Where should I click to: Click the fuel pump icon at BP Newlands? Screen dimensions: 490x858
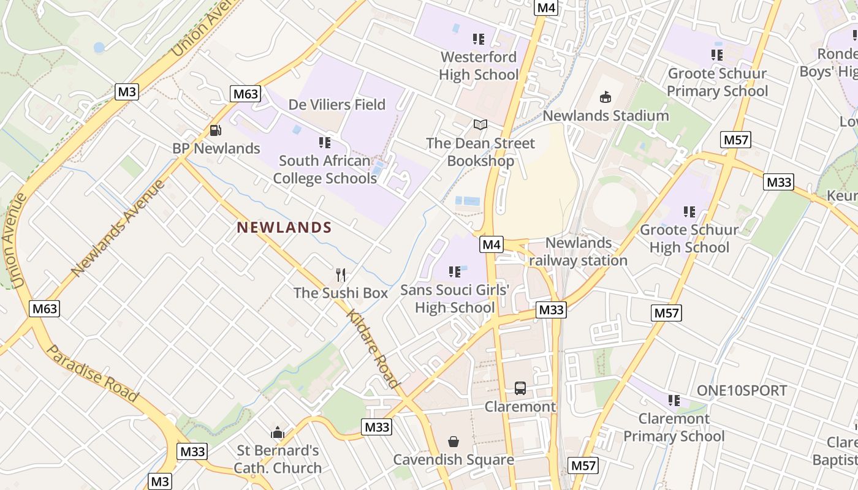point(215,130)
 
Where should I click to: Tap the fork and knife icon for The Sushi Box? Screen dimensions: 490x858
point(341,274)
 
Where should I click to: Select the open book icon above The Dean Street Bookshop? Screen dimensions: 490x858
point(480,125)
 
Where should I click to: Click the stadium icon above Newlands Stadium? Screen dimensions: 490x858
point(606,97)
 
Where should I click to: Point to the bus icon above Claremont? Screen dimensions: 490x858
point(520,388)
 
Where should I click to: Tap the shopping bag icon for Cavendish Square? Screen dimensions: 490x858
point(454,441)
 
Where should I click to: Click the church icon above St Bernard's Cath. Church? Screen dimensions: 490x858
point(278,432)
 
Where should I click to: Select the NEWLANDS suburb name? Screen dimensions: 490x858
point(284,228)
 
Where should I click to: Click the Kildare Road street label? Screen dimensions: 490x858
point(373,349)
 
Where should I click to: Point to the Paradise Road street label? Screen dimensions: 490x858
point(93,373)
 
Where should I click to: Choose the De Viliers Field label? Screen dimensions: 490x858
point(337,105)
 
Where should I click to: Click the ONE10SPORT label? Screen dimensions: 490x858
point(742,391)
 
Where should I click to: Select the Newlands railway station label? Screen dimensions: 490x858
point(578,252)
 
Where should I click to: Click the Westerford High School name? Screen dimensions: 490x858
point(479,66)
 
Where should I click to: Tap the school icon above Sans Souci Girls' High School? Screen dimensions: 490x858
point(454,271)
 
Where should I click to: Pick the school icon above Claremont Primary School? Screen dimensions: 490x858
point(674,401)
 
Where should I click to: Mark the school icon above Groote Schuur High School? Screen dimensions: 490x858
point(689,212)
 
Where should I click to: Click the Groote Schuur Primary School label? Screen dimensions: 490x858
point(717,82)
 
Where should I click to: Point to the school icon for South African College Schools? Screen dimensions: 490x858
point(325,143)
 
